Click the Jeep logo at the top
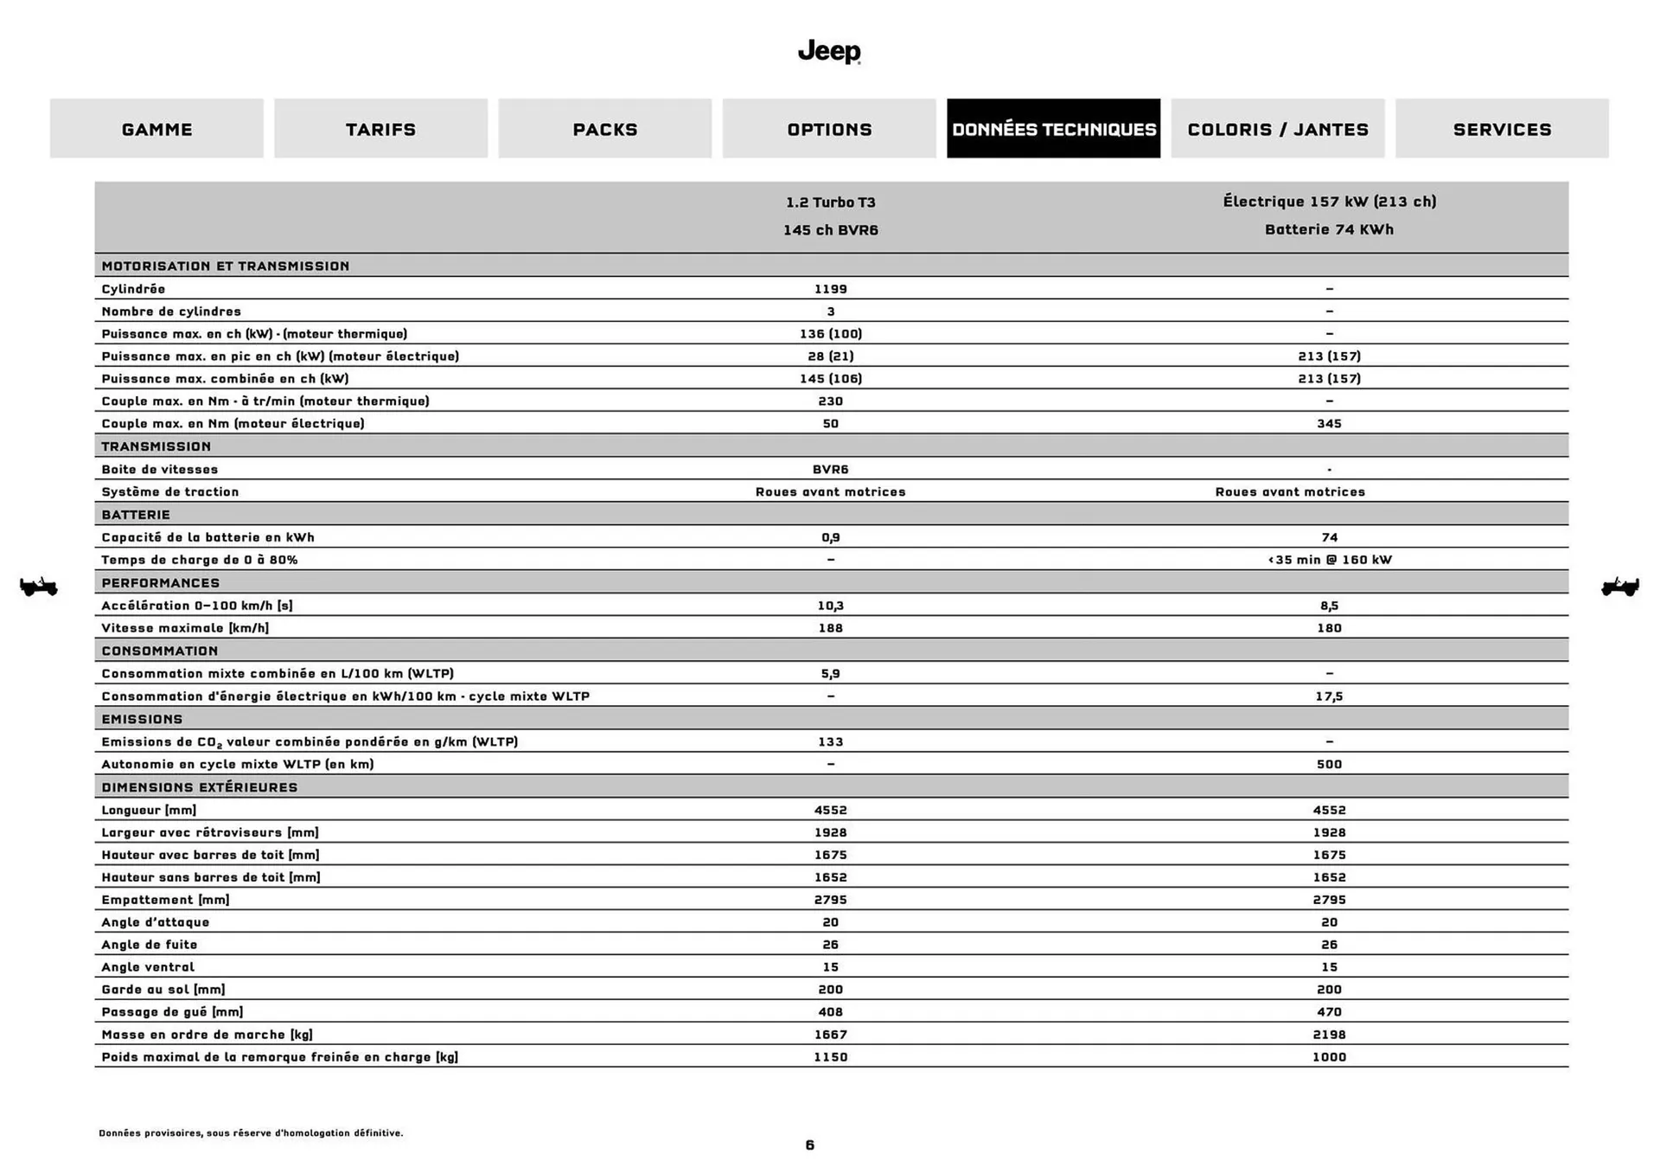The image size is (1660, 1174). (829, 51)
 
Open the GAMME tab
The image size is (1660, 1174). (156, 129)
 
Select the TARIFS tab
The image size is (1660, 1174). (380, 129)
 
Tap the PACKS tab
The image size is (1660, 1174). (604, 129)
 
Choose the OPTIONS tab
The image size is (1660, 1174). (829, 129)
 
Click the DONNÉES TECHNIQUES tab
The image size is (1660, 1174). (1053, 129)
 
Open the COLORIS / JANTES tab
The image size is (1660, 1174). (1277, 129)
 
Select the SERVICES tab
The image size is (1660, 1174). (1502, 129)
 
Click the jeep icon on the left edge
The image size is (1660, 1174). (38, 587)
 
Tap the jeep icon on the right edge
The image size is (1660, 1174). (1619, 587)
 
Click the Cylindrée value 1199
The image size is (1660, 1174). (830, 289)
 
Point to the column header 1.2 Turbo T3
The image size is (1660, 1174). (830, 202)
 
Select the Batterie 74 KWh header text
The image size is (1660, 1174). (1329, 229)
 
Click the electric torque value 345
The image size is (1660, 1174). (1329, 424)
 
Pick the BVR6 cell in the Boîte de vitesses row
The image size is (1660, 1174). (830, 469)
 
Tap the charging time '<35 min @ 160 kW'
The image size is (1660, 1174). (1329, 560)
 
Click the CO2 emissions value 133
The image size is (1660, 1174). (830, 741)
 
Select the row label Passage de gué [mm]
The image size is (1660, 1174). (172, 1011)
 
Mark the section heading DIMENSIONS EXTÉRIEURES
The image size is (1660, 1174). (199, 787)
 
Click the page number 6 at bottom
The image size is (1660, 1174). (809, 1145)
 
